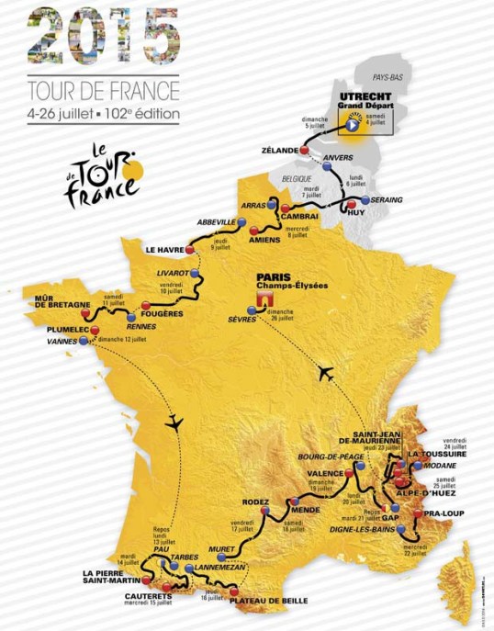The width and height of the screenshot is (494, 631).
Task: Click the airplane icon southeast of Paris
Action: pos(324,372)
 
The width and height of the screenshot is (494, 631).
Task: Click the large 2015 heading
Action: pos(103,37)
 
